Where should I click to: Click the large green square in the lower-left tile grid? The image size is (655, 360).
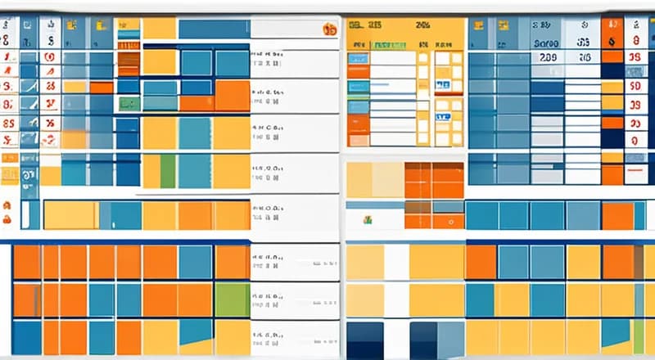(x=232, y=299)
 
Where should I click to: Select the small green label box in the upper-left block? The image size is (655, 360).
(x=128, y=104)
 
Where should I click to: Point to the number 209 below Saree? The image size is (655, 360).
(x=548, y=58)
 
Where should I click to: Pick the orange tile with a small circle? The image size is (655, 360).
(x=449, y=221)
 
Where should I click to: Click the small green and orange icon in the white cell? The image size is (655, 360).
(x=368, y=219)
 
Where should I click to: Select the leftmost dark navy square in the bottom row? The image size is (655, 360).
(x=365, y=340)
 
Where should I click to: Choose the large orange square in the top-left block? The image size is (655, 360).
(x=232, y=95)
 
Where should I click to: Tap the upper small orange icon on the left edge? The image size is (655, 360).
(x=7, y=205)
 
